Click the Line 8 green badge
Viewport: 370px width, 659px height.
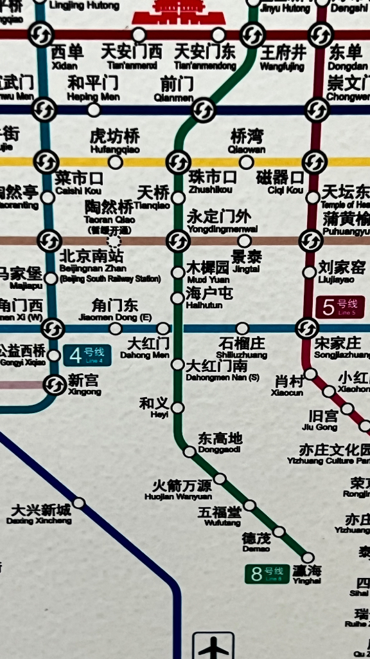point(267,573)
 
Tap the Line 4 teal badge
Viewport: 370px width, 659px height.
point(87,355)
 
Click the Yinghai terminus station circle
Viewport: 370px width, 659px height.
point(308,557)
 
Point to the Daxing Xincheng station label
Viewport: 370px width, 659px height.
point(40,514)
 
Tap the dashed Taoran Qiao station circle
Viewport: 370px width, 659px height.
point(114,241)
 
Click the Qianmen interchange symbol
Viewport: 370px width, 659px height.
point(203,110)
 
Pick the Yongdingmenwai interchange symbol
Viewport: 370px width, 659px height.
point(178,241)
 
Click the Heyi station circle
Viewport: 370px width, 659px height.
point(178,407)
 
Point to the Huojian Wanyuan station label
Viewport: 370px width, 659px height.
point(182,488)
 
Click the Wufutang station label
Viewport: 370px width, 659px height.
point(219,515)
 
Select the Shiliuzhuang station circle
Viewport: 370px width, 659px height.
point(242,328)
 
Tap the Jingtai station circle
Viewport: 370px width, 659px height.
point(244,241)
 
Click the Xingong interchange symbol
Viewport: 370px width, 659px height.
point(53,385)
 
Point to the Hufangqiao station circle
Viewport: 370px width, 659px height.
point(116,162)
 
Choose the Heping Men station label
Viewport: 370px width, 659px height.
point(93,88)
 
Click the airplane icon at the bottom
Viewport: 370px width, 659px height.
point(213,647)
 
